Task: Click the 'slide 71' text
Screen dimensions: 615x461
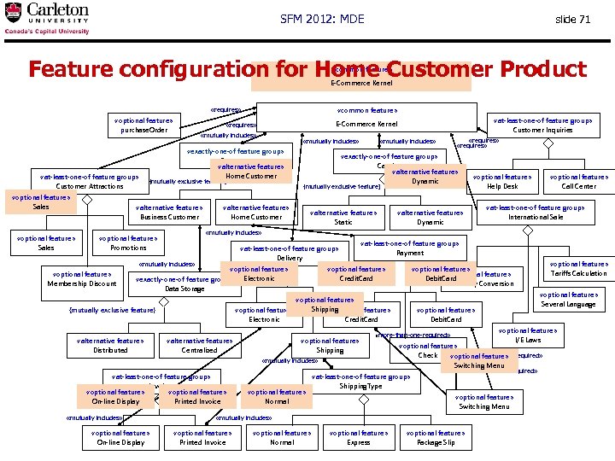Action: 572,20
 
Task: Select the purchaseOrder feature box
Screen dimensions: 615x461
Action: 144,125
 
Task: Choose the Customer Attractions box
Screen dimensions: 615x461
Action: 90,181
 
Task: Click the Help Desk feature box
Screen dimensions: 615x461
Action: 502,181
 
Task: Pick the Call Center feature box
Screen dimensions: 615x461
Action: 578,181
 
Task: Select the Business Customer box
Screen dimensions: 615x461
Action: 169,212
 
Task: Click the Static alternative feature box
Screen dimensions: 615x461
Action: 343,217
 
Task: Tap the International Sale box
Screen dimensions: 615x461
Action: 536,212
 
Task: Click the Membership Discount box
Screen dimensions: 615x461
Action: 82,278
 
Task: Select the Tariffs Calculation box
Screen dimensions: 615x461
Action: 578,268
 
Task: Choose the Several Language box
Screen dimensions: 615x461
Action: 568,299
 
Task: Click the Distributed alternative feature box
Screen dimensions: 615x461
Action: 110,345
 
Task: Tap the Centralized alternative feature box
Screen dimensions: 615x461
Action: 199,345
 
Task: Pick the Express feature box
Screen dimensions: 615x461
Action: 359,437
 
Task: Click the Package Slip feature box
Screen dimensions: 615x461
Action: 436,437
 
